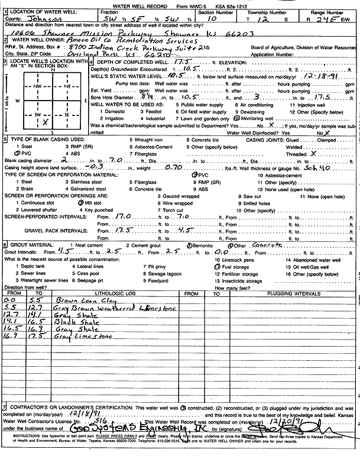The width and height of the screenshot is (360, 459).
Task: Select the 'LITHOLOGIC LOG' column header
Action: [x=110, y=293]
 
